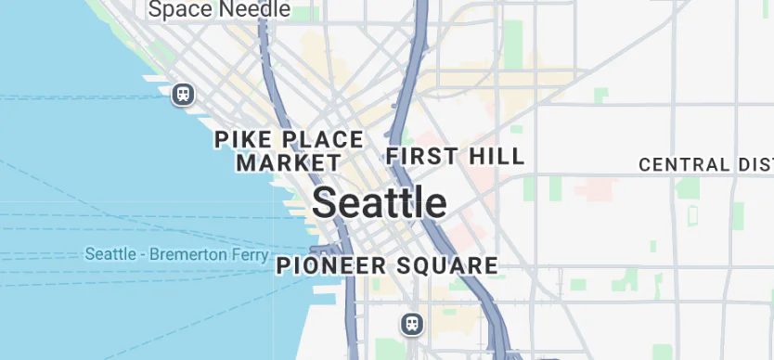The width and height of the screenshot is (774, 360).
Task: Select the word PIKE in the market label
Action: [x=241, y=140]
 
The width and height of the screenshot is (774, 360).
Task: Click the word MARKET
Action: [x=289, y=163]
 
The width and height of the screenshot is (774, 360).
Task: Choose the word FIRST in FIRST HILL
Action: [x=419, y=155]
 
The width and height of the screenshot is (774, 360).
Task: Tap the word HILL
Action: [x=494, y=155]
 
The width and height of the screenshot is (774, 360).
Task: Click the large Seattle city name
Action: [x=379, y=202]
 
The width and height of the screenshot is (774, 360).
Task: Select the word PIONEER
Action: [x=331, y=265]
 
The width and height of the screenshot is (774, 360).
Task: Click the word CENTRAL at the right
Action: [x=684, y=165]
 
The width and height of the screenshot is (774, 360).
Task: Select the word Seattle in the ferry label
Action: [x=111, y=254]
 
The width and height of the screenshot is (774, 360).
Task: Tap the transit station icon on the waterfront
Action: [x=183, y=94]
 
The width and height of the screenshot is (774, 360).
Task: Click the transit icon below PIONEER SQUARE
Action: [x=412, y=324]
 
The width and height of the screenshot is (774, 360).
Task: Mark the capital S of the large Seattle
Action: [x=324, y=202]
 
